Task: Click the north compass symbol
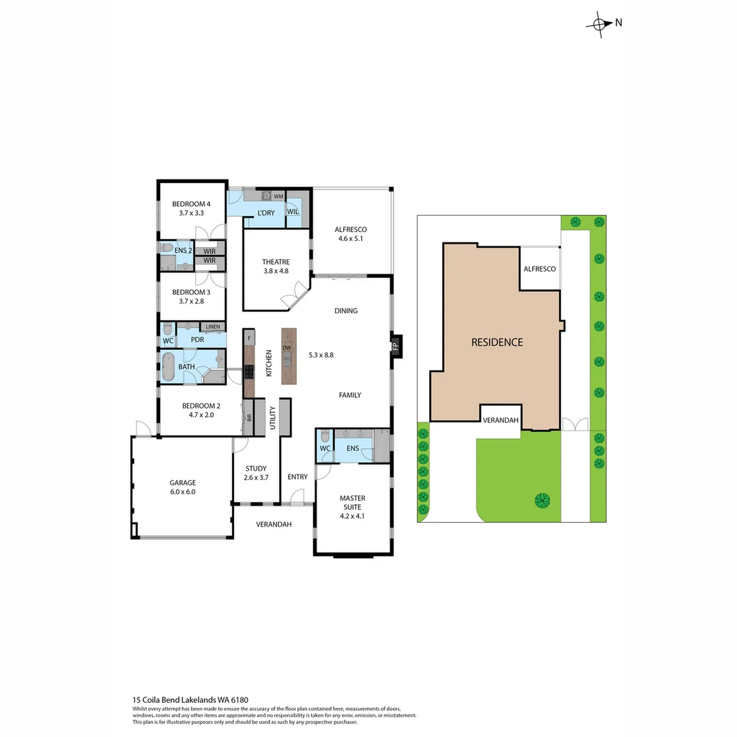coord(599,23)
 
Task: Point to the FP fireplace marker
coord(395,346)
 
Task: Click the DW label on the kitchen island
coord(287,348)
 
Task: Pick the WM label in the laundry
coord(278,197)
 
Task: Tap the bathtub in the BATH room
coord(168,367)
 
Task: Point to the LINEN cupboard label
coord(213,328)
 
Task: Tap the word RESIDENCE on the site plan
coord(497,342)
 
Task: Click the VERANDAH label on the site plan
coord(500,420)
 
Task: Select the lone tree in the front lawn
coord(542,502)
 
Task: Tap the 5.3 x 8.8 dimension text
coord(321,355)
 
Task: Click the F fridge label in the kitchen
coord(250,338)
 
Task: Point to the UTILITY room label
coord(272,418)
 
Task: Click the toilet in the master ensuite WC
coord(324,436)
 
